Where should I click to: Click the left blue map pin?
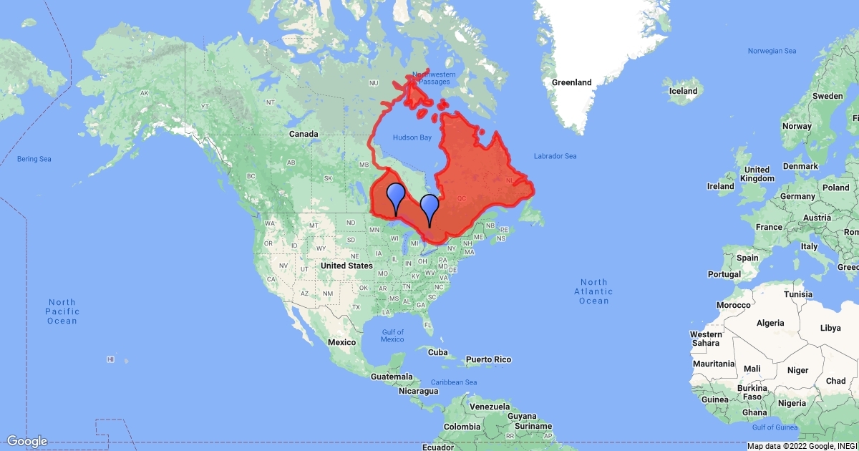[x=396, y=195]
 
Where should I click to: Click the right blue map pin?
[x=429, y=206]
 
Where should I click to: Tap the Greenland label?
[x=572, y=82]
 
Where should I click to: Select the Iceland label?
[x=683, y=91]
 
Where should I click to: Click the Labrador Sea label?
[x=555, y=156]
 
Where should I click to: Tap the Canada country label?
[x=303, y=134]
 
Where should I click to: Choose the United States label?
[x=346, y=266]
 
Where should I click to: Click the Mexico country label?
[x=342, y=342]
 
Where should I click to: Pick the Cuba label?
[x=437, y=353]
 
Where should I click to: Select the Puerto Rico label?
[x=489, y=359]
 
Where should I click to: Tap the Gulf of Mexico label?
[x=392, y=336]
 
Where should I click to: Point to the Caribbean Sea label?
[x=455, y=382]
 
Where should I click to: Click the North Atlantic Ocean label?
[x=593, y=291]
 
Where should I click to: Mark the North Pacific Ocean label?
[x=62, y=311]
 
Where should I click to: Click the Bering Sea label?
[x=34, y=158]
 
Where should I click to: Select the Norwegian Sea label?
[x=772, y=51]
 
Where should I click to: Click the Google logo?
[x=27, y=441]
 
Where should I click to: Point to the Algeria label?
[x=771, y=323]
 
